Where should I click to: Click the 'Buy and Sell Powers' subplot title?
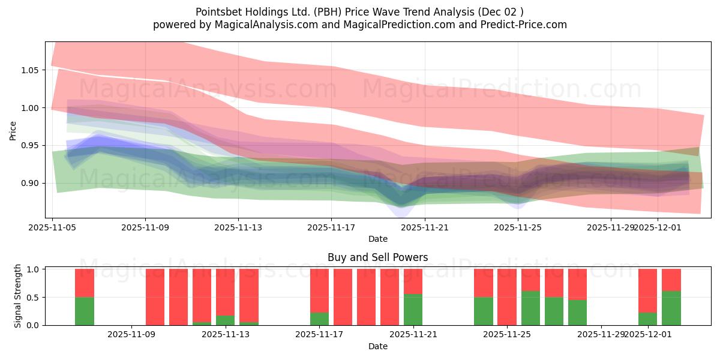(x=377, y=257)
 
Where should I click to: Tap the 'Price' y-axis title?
(x=13, y=130)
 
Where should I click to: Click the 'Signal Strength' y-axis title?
(x=18, y=296)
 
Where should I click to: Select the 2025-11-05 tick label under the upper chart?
(x=52, y=227)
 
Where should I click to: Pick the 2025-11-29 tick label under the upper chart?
(x=611, y=227)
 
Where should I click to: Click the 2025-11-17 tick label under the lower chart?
(x=319, y=334)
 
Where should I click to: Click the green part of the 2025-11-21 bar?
(x=413, y=310)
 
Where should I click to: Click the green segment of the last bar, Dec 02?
(x=671, y=308)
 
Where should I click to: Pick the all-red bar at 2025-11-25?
(x=507, y=297)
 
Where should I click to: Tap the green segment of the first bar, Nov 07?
(x=85, y=311)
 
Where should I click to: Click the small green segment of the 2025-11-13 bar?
(x=225, y=320)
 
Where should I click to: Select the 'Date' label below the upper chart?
(x=377, y=239)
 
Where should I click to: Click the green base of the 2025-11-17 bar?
(x=319, y=319)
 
